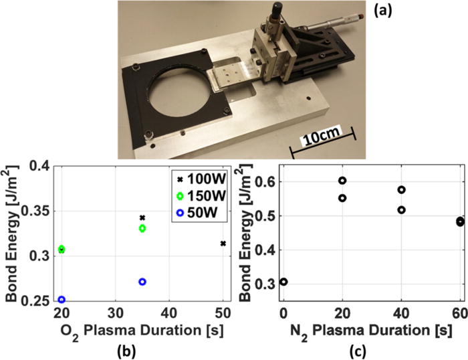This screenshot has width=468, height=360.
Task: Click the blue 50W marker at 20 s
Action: [62, 300]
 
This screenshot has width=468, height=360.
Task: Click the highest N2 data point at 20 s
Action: [342, 181]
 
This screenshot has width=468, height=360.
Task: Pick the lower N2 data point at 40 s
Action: [401, 210]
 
